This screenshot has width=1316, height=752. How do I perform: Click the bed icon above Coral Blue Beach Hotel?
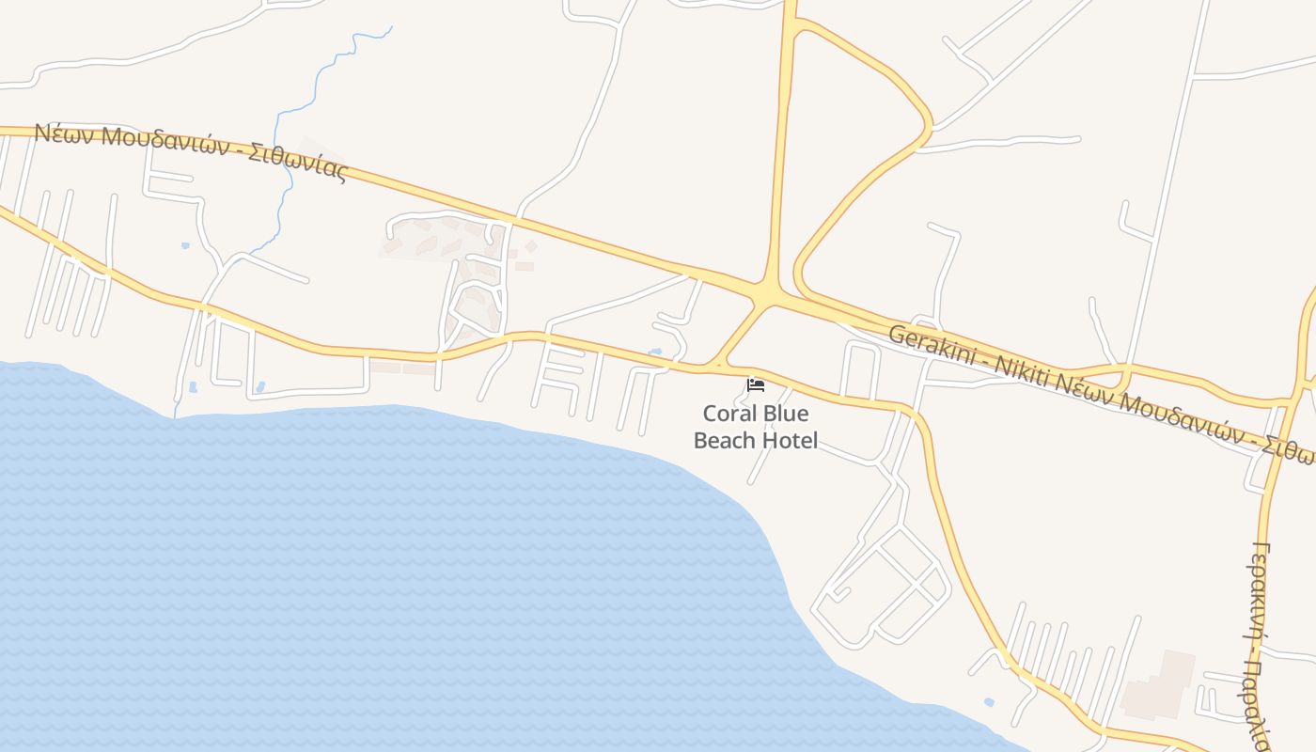755,384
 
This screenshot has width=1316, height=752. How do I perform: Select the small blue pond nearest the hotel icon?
655,352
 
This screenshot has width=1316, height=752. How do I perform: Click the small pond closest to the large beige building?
989,702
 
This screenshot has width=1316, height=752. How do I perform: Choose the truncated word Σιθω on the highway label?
1293,449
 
